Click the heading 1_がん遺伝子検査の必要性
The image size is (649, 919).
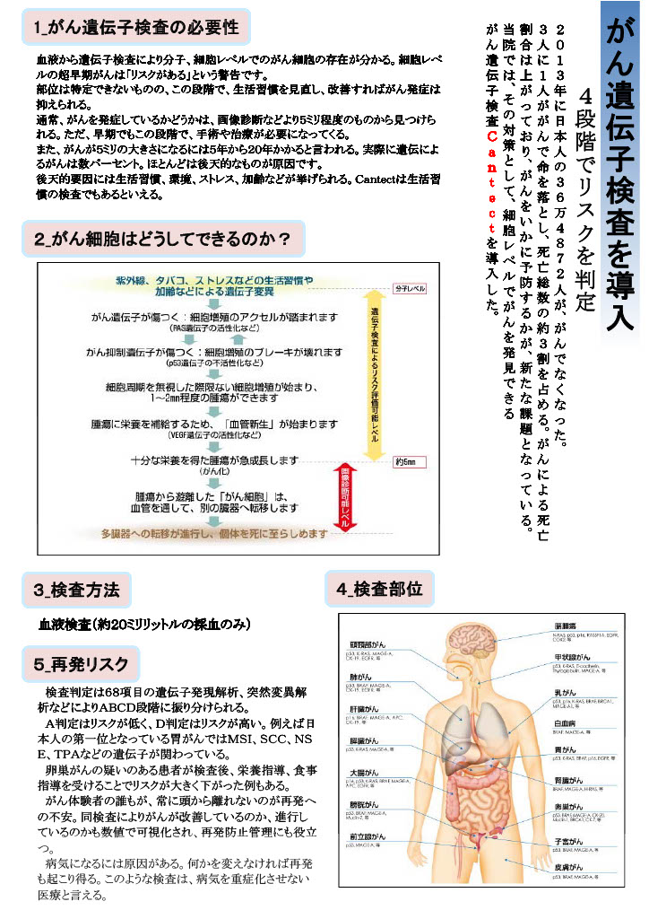(136, 28)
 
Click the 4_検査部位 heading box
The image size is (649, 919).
(379, 590)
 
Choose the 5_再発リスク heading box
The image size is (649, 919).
(82, 664)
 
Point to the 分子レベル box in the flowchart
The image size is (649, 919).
(411, 289)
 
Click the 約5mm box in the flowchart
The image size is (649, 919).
(405, 462)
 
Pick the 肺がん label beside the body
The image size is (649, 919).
(360, 677)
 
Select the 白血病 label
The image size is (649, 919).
(565, 722)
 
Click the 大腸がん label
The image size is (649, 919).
(362, 773)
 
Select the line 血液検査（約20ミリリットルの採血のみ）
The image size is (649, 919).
(143, 623)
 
